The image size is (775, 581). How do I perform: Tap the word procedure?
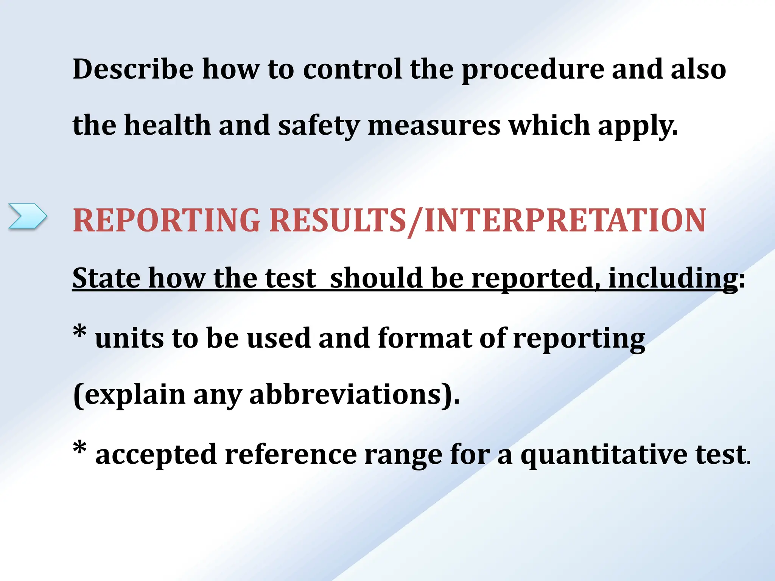pyautogui.click(x=532, y=70)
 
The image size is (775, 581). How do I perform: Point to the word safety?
pyautogui.click(x=319, y=126)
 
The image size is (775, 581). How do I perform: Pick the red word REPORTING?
pyautogui.click(x=167, y=221)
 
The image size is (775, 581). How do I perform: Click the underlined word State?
pyautogui.click(x=106, y=278)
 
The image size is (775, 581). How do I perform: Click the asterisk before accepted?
pyautogui.click(x=80, y=449)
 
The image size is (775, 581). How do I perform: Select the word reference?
pyautogui.click(x=291, y=454)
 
